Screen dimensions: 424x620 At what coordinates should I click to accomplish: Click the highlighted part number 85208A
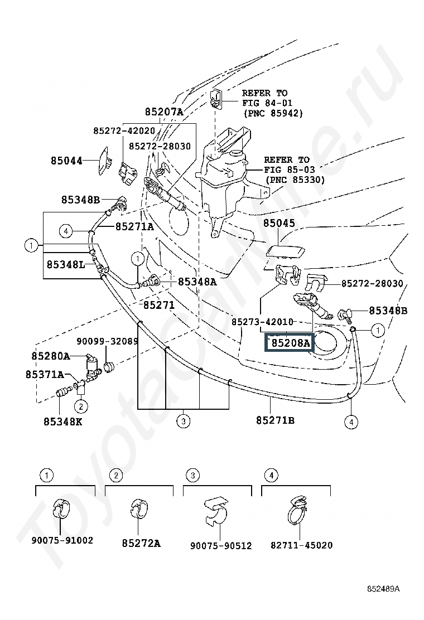[x=290, y=343]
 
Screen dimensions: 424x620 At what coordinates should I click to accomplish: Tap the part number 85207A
[x=164, y=112]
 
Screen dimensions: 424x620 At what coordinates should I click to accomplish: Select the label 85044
[x=67, y=161]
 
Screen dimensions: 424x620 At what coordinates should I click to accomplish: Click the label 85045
[x=279, y=223]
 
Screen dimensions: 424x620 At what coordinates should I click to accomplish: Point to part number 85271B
[x=275, y=420]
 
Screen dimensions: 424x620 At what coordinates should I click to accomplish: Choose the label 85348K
[x=63, y=422]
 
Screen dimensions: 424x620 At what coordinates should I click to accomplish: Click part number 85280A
[x=51, y=356]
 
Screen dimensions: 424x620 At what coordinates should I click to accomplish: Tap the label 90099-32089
[x=107, y=341]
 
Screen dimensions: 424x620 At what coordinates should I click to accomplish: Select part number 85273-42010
[x=262, y=322]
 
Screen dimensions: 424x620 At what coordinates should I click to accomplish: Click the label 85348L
[x=66, y=264]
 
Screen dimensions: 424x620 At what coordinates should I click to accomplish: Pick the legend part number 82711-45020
[x=301, y=545]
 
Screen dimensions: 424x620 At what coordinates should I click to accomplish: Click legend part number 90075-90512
[x=221, y=546]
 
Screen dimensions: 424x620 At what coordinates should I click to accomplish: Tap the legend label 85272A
[x=141, y=543]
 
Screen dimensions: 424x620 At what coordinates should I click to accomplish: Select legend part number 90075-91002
[x=62, y=540]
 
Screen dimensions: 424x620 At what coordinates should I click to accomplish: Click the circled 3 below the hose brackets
[x=183, y=422]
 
